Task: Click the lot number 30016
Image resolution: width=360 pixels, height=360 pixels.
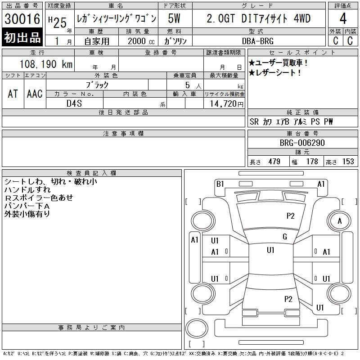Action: point(22,19)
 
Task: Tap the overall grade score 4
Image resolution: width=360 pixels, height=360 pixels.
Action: point(343,18)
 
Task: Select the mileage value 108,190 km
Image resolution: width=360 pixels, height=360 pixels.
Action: point(46,64)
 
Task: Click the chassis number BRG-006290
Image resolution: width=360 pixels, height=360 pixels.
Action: point(302,143)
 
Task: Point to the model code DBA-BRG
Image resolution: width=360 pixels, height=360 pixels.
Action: point(258,41)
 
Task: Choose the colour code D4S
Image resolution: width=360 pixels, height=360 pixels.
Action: point(74,103)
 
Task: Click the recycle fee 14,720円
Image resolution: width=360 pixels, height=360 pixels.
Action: point(227,104)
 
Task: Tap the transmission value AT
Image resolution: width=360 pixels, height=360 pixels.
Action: point(13,94)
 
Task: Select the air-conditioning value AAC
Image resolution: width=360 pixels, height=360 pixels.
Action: point(35,94)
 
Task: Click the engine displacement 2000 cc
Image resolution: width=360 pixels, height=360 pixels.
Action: point(141,41)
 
